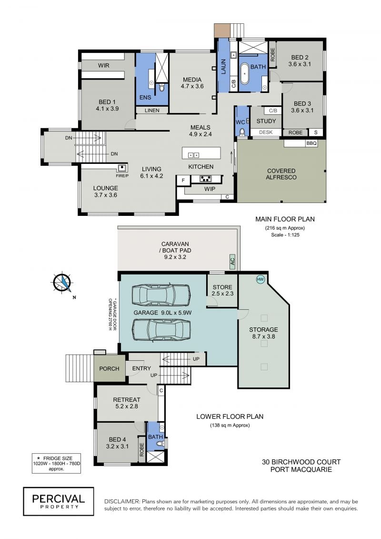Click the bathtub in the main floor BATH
pyautogui.click(x=244, y=73)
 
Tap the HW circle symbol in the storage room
pyautogui.click(x=261, y=279)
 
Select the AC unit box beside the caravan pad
pyautogui.click(x=232, y=262)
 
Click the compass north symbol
pyautogui.click(x=62, y=283)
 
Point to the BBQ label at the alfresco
pyautogui.click(x=311, y=143)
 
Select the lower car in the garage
pyautogui.click(x=161, y=330)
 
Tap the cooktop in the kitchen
pyautogui.click(x=206, y=179)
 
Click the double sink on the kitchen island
pyautogui.click(x=193, y=155)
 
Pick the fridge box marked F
pyautogui.click(x=183, y=181)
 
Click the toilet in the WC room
pyautogui.click(x=242, y=132)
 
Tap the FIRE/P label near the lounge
pyautogui.click(x=122, y=176)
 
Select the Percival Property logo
pyautogui.click(x=59, y=501)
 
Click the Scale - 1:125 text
pyautogui.click(x=285, y=235)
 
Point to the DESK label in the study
pyautogui.click(x=266, y=132)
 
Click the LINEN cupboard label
pyautogui.click(x=152, y=111)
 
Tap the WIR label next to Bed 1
pyautogui.click(x=103, y=65)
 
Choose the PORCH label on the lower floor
pyautogui.click(x=109, y=368)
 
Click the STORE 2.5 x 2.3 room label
pyautogui.click(x=222, y=290)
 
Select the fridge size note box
pyautogui.click(x=56, y=463)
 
